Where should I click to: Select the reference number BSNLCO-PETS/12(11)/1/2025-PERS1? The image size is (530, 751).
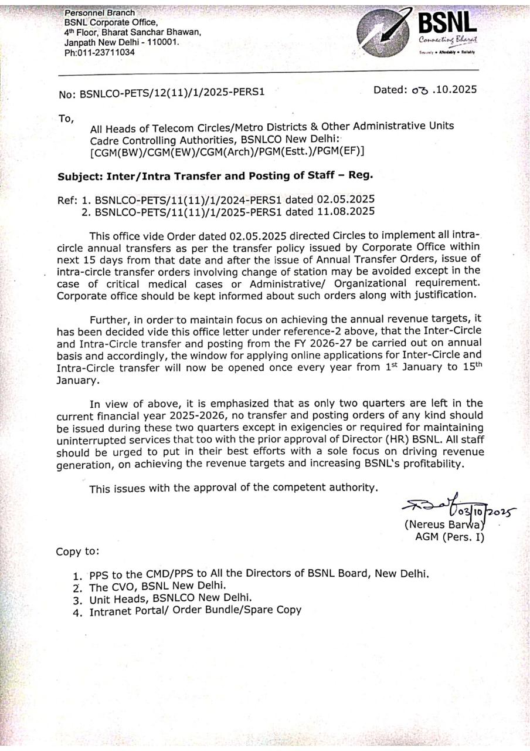tap(172, 93)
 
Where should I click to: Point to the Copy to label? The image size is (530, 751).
tap(77, 552)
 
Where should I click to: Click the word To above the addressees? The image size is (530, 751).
tap(66, 119)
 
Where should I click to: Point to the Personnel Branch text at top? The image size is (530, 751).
tap(99, 12)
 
